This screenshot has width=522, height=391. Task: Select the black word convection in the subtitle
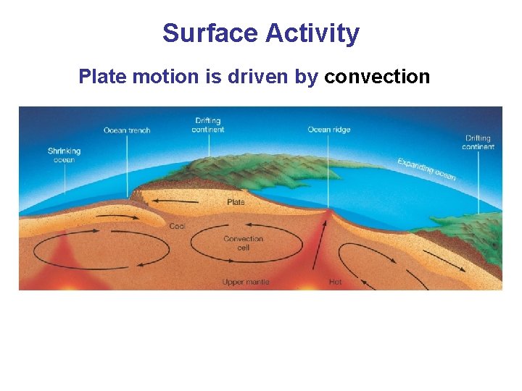pyautogui.click(x=377, y=76)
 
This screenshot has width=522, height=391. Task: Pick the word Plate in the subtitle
pyautogui.click(x=101, y=76)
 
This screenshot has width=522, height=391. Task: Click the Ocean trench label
pyautogui.click(x=127, y=130)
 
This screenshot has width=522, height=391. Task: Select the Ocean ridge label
pyautogui.click(x=328, y=130)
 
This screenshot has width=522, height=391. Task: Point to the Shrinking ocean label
pyautogui.click(x=64, y=155)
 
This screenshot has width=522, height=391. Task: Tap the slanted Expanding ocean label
pyautogui.click(x=426, y=169)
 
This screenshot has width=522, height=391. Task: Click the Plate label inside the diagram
pyautogui.click(x=236, y=202)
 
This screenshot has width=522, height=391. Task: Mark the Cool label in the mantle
pyautogui.click(x=177, y=227)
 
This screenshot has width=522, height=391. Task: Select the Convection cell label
pyautogui.click(x=244, y=243)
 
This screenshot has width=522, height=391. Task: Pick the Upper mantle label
pyautogui.click(x=245, y=282)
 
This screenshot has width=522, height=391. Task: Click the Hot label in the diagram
pyautogui.click(x=335, y=282)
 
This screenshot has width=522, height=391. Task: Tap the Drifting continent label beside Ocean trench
pyautogui.click(x=208, y=125)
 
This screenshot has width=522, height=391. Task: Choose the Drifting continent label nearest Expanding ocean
pyautogui.click(x=478, y=142)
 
